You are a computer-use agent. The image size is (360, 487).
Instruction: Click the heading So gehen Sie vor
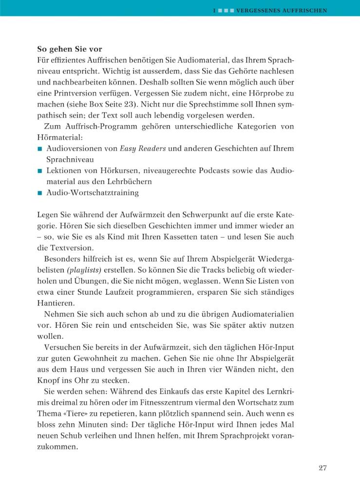click(x=69, y=49)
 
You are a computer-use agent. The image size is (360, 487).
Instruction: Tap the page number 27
click(x=322, y=468)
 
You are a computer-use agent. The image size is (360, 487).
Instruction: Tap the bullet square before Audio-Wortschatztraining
click(x=40, y=193)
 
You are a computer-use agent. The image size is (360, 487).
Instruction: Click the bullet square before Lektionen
click(x=40, y=170)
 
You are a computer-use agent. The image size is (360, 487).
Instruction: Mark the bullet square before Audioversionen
click(x=40, y=148)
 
